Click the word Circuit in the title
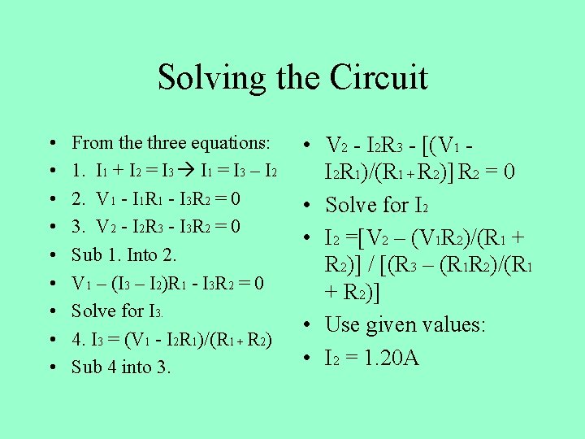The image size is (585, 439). [379, 78]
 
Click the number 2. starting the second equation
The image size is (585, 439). [78, 199]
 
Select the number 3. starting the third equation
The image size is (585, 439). [78, 226]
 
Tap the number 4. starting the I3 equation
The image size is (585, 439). [78, 338]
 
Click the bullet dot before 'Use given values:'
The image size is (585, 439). [311, 326]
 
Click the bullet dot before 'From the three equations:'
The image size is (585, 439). [52, 144]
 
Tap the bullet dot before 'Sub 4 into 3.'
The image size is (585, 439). [52, 367]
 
